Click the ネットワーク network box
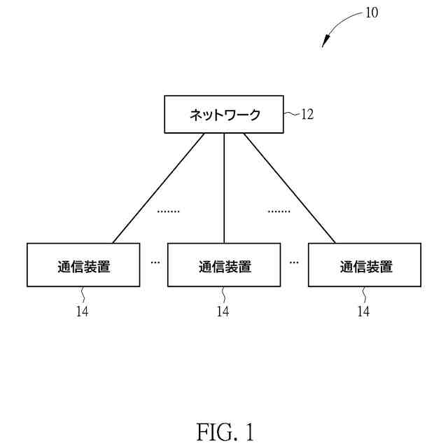pos(224,115)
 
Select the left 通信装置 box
pos(84,265)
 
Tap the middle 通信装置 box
pos(224,265)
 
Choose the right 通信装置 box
pos(365,265)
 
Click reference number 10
pos(371,13)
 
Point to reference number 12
pos(307,115)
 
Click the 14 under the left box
pos(83,311)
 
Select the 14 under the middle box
pos(223,311)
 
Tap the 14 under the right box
pos(363,311)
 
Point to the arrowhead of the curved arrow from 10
pos(325,43)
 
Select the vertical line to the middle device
pos(224,188)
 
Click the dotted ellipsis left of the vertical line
pos(168,210)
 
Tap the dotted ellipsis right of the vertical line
pos(279,210)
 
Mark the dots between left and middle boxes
pos(155,262)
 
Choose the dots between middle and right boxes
pos(294,262)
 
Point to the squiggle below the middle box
pos(224,295)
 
